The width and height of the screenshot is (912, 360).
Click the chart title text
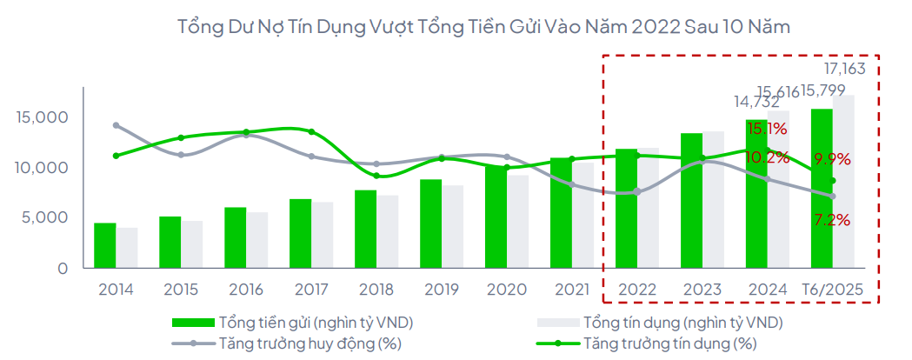click(x=483, y=27)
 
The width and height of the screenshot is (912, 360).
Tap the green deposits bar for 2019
click(x=431, y=223)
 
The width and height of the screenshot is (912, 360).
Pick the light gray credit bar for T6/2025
click(x=843, y=183)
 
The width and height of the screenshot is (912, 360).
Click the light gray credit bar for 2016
click(x=256, y=240)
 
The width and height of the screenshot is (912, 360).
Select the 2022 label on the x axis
click(x=637, y=289)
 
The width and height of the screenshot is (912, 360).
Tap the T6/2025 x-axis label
click(x=831, y=289)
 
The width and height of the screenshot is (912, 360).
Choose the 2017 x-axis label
click(x=311, y=289)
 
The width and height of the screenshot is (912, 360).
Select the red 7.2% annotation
click(x=832, y=220)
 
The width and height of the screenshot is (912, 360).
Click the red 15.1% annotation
click(x=768, y=130)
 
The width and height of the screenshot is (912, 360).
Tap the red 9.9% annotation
click(x=832, y=159)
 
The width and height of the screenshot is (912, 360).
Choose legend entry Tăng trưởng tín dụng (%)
click(x=669, y=343)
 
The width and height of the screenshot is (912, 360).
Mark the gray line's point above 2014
click(x=116, y=125)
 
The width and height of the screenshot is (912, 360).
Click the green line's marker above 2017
click(x=311, y=132)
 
